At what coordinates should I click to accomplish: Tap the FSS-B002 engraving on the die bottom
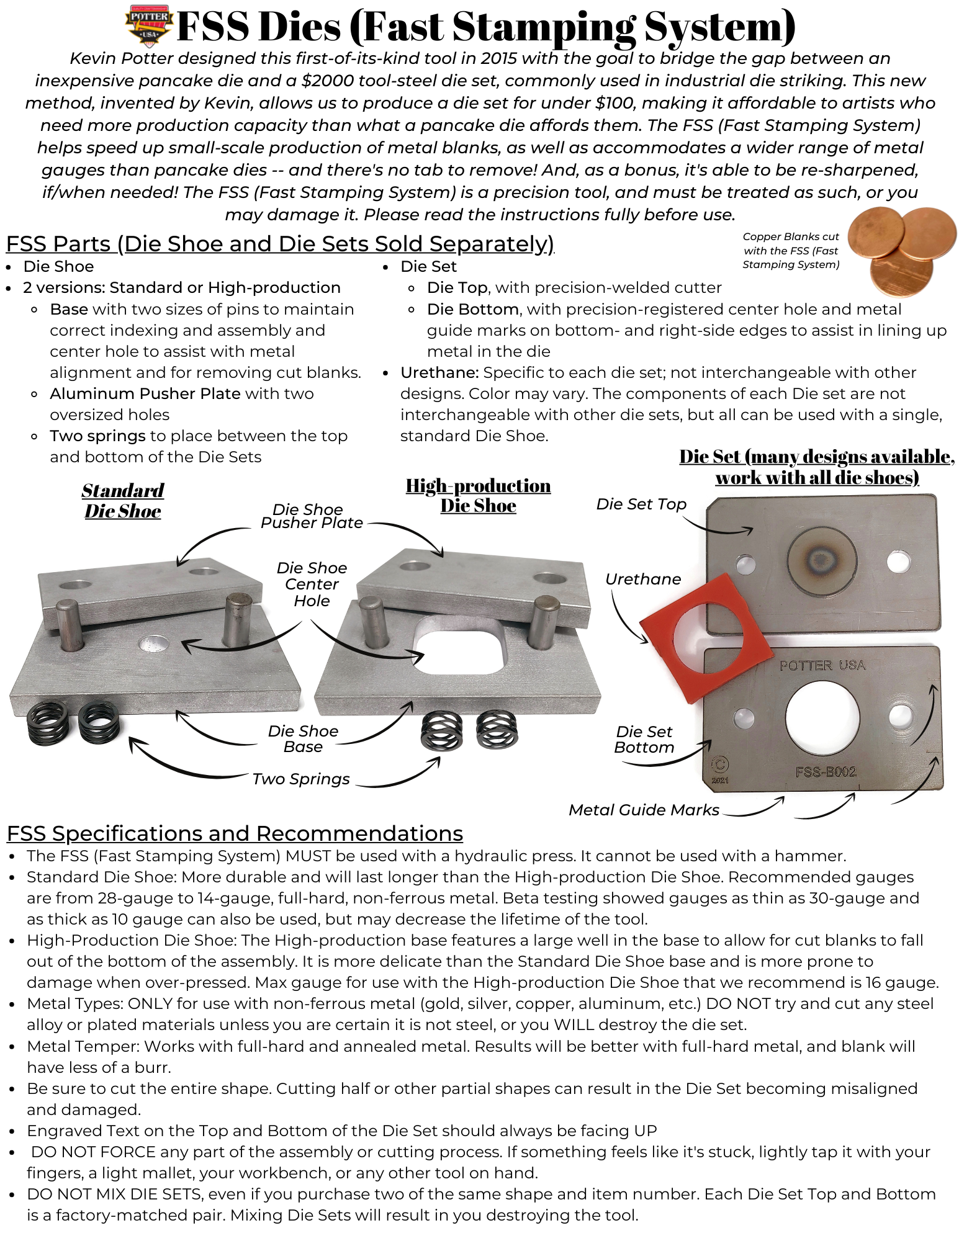(826, 772)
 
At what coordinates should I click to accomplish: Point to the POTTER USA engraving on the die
(822, 665)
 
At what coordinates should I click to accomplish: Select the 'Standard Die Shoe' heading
(123, 501)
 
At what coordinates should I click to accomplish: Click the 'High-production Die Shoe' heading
(478, 495)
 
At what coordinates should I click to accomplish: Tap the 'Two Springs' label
(301, 779)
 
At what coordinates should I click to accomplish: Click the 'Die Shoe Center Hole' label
(312, 584)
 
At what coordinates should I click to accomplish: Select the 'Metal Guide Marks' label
(644, 810)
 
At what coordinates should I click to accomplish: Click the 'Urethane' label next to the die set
(643, 579)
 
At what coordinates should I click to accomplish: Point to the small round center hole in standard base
(154, 644)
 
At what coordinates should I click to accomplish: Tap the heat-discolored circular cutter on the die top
(822, 560)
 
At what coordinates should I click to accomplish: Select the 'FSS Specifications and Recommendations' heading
(235, 833)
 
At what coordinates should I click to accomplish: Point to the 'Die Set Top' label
(641, 504)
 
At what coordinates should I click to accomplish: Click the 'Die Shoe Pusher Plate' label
(311, 516)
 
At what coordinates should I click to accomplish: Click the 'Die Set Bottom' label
(644, 740)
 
